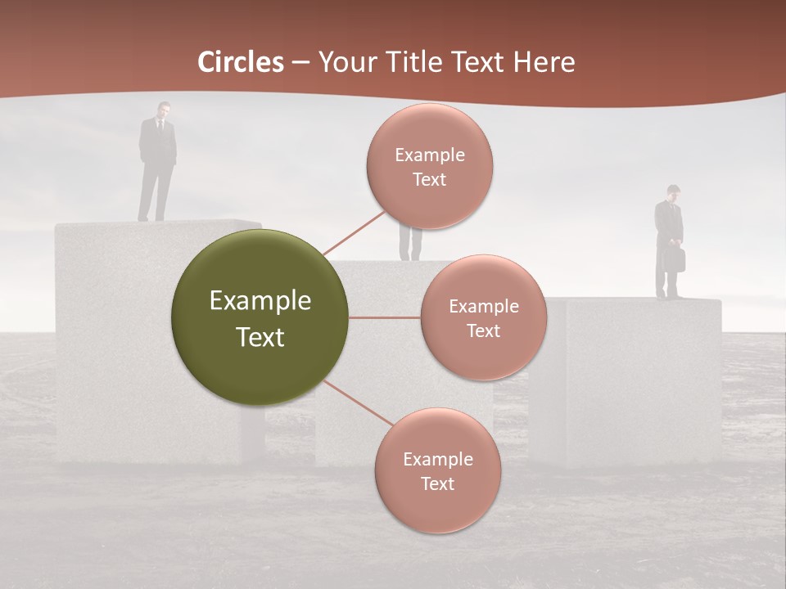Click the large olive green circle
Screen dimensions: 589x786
click(x=260, y=317)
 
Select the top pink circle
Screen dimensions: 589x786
click(x=429, y=166)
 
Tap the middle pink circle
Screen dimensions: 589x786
click(x=483, y=317)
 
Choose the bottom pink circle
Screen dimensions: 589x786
click(x=437, y=470)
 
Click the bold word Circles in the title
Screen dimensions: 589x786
click(x=241, y=62)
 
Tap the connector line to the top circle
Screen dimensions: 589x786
click(x=354, y=233)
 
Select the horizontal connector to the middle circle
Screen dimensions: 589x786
click(x=384, y=317)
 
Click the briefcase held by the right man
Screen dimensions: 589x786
click(x=675, y=259)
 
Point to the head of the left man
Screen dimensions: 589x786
click(x=164, y=109)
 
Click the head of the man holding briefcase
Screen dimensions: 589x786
click(x=673, y=193)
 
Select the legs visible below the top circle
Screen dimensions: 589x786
click(x=410, y=245)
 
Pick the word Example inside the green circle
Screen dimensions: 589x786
click(x=260, y=301)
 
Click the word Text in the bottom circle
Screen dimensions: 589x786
click(x=437, y=483)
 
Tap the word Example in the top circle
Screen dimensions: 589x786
click(x=429, y=155)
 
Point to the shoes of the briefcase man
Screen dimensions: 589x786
click(x=669, y=295)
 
